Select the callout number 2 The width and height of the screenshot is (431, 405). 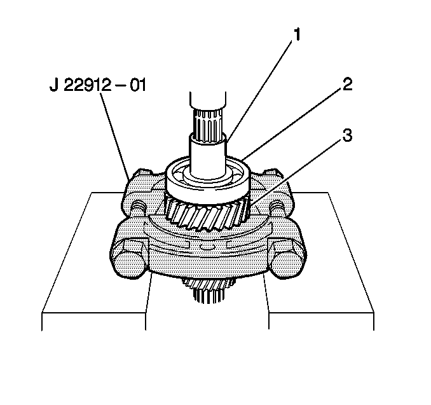[x=346, y=85]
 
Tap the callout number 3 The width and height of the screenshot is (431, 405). [x=346, y=135]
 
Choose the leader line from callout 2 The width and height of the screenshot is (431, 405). [x=292, y=125]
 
